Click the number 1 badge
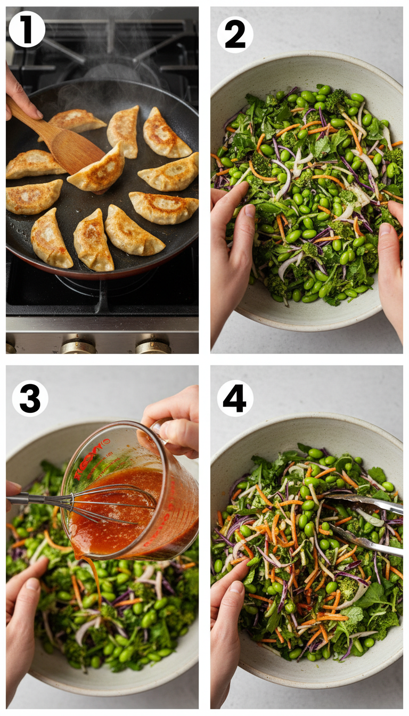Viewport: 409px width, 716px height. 27,29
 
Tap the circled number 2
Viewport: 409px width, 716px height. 235,35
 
